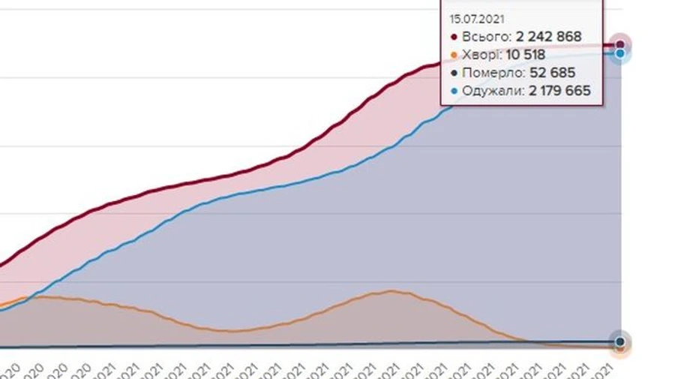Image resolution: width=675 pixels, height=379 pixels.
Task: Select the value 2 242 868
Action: (549, 37)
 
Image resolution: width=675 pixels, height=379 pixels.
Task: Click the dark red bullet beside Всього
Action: (454, 37)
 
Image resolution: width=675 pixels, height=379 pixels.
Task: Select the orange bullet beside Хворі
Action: (454, 55)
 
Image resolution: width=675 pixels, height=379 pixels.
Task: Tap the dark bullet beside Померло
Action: (454, 73)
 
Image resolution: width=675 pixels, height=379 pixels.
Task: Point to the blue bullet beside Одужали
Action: (454, 91)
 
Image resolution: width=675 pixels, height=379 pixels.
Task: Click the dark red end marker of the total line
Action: (620, 45)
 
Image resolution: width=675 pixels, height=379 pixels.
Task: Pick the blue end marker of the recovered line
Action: (620, 54)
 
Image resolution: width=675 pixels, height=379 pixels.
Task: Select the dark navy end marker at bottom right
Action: (620, 342)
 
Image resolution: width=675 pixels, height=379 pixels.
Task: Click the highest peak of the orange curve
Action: (391, 291)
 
